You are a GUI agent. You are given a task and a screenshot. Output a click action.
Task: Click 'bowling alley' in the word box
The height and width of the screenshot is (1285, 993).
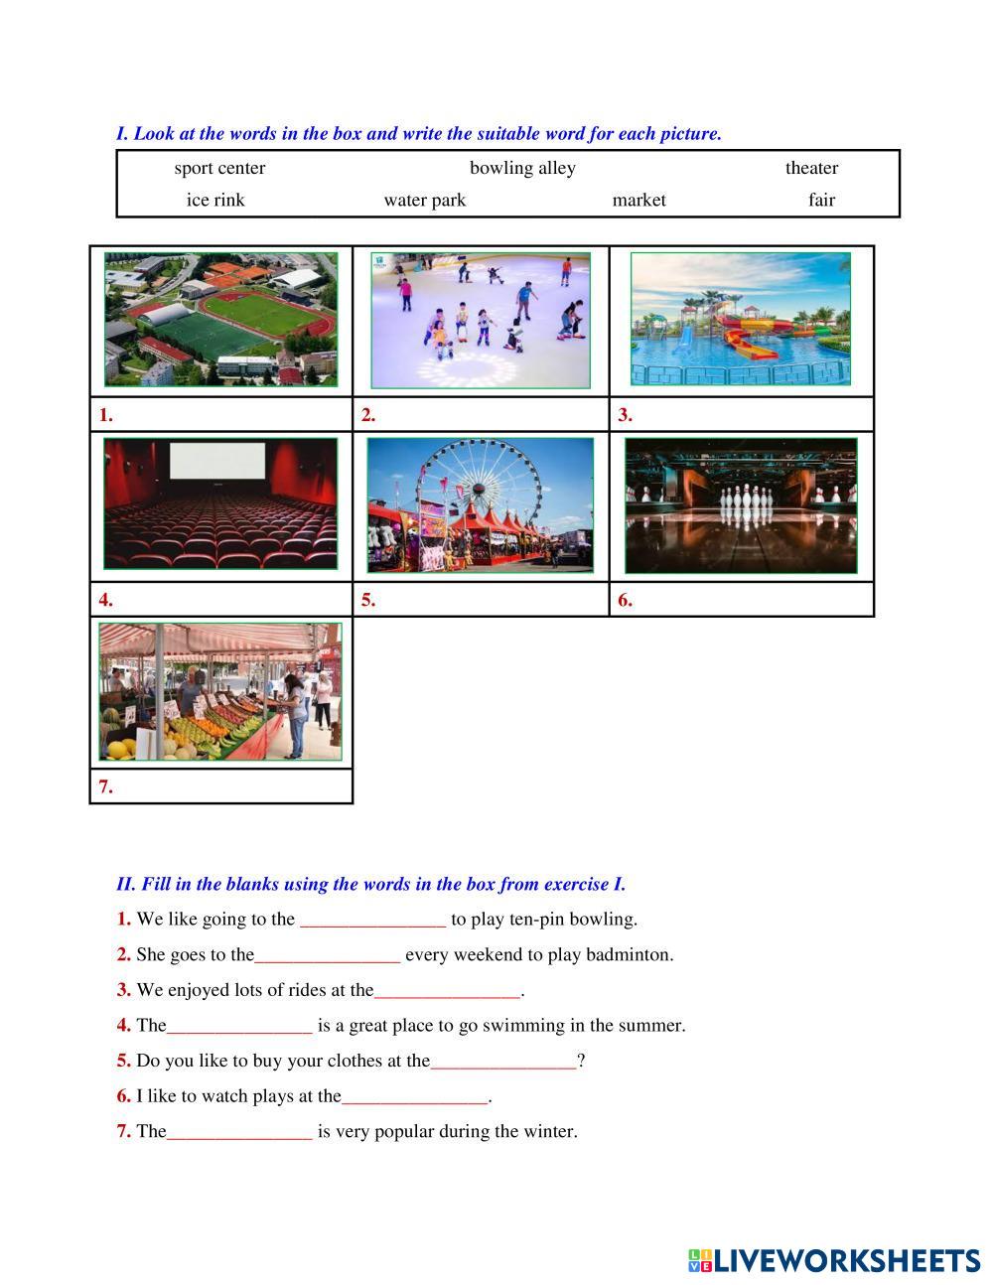[x=522, y=168]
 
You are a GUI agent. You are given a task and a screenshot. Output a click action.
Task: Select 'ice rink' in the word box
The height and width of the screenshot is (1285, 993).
[x=215, y=200]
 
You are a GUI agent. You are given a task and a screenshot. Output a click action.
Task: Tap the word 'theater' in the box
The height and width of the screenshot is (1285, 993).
[x=811, y=168]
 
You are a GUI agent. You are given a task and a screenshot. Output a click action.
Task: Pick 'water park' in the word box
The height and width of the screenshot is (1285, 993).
[x=425, y=200]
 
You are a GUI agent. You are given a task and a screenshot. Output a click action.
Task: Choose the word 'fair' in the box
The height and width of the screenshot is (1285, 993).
[x=821, y=200]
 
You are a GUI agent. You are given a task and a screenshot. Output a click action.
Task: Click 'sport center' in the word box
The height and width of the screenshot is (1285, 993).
[x=219, y=168]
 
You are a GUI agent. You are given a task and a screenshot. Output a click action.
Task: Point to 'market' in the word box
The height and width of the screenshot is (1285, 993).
[x=638, y=200]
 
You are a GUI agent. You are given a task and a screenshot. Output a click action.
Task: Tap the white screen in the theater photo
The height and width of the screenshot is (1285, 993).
[x=217, y=462]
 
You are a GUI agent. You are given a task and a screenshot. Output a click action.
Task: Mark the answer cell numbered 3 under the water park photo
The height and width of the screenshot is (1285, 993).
[x=741, y=415]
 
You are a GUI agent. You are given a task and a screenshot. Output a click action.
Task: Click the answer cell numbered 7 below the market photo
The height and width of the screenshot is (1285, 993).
[x=221, y=786]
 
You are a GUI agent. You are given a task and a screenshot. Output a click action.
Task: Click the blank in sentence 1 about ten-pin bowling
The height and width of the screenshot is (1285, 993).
[x=372, y=920]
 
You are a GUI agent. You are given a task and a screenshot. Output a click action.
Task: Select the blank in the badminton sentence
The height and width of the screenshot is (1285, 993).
[x=328, y=955]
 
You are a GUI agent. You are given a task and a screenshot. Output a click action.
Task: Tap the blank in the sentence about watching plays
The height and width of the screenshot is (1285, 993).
[x=415, y=1097]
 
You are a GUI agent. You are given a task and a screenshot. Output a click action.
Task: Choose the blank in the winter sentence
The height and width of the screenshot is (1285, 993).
[x=239, y=1132]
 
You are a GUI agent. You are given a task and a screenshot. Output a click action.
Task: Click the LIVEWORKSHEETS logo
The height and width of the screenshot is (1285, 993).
[x=834, y=1261]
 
